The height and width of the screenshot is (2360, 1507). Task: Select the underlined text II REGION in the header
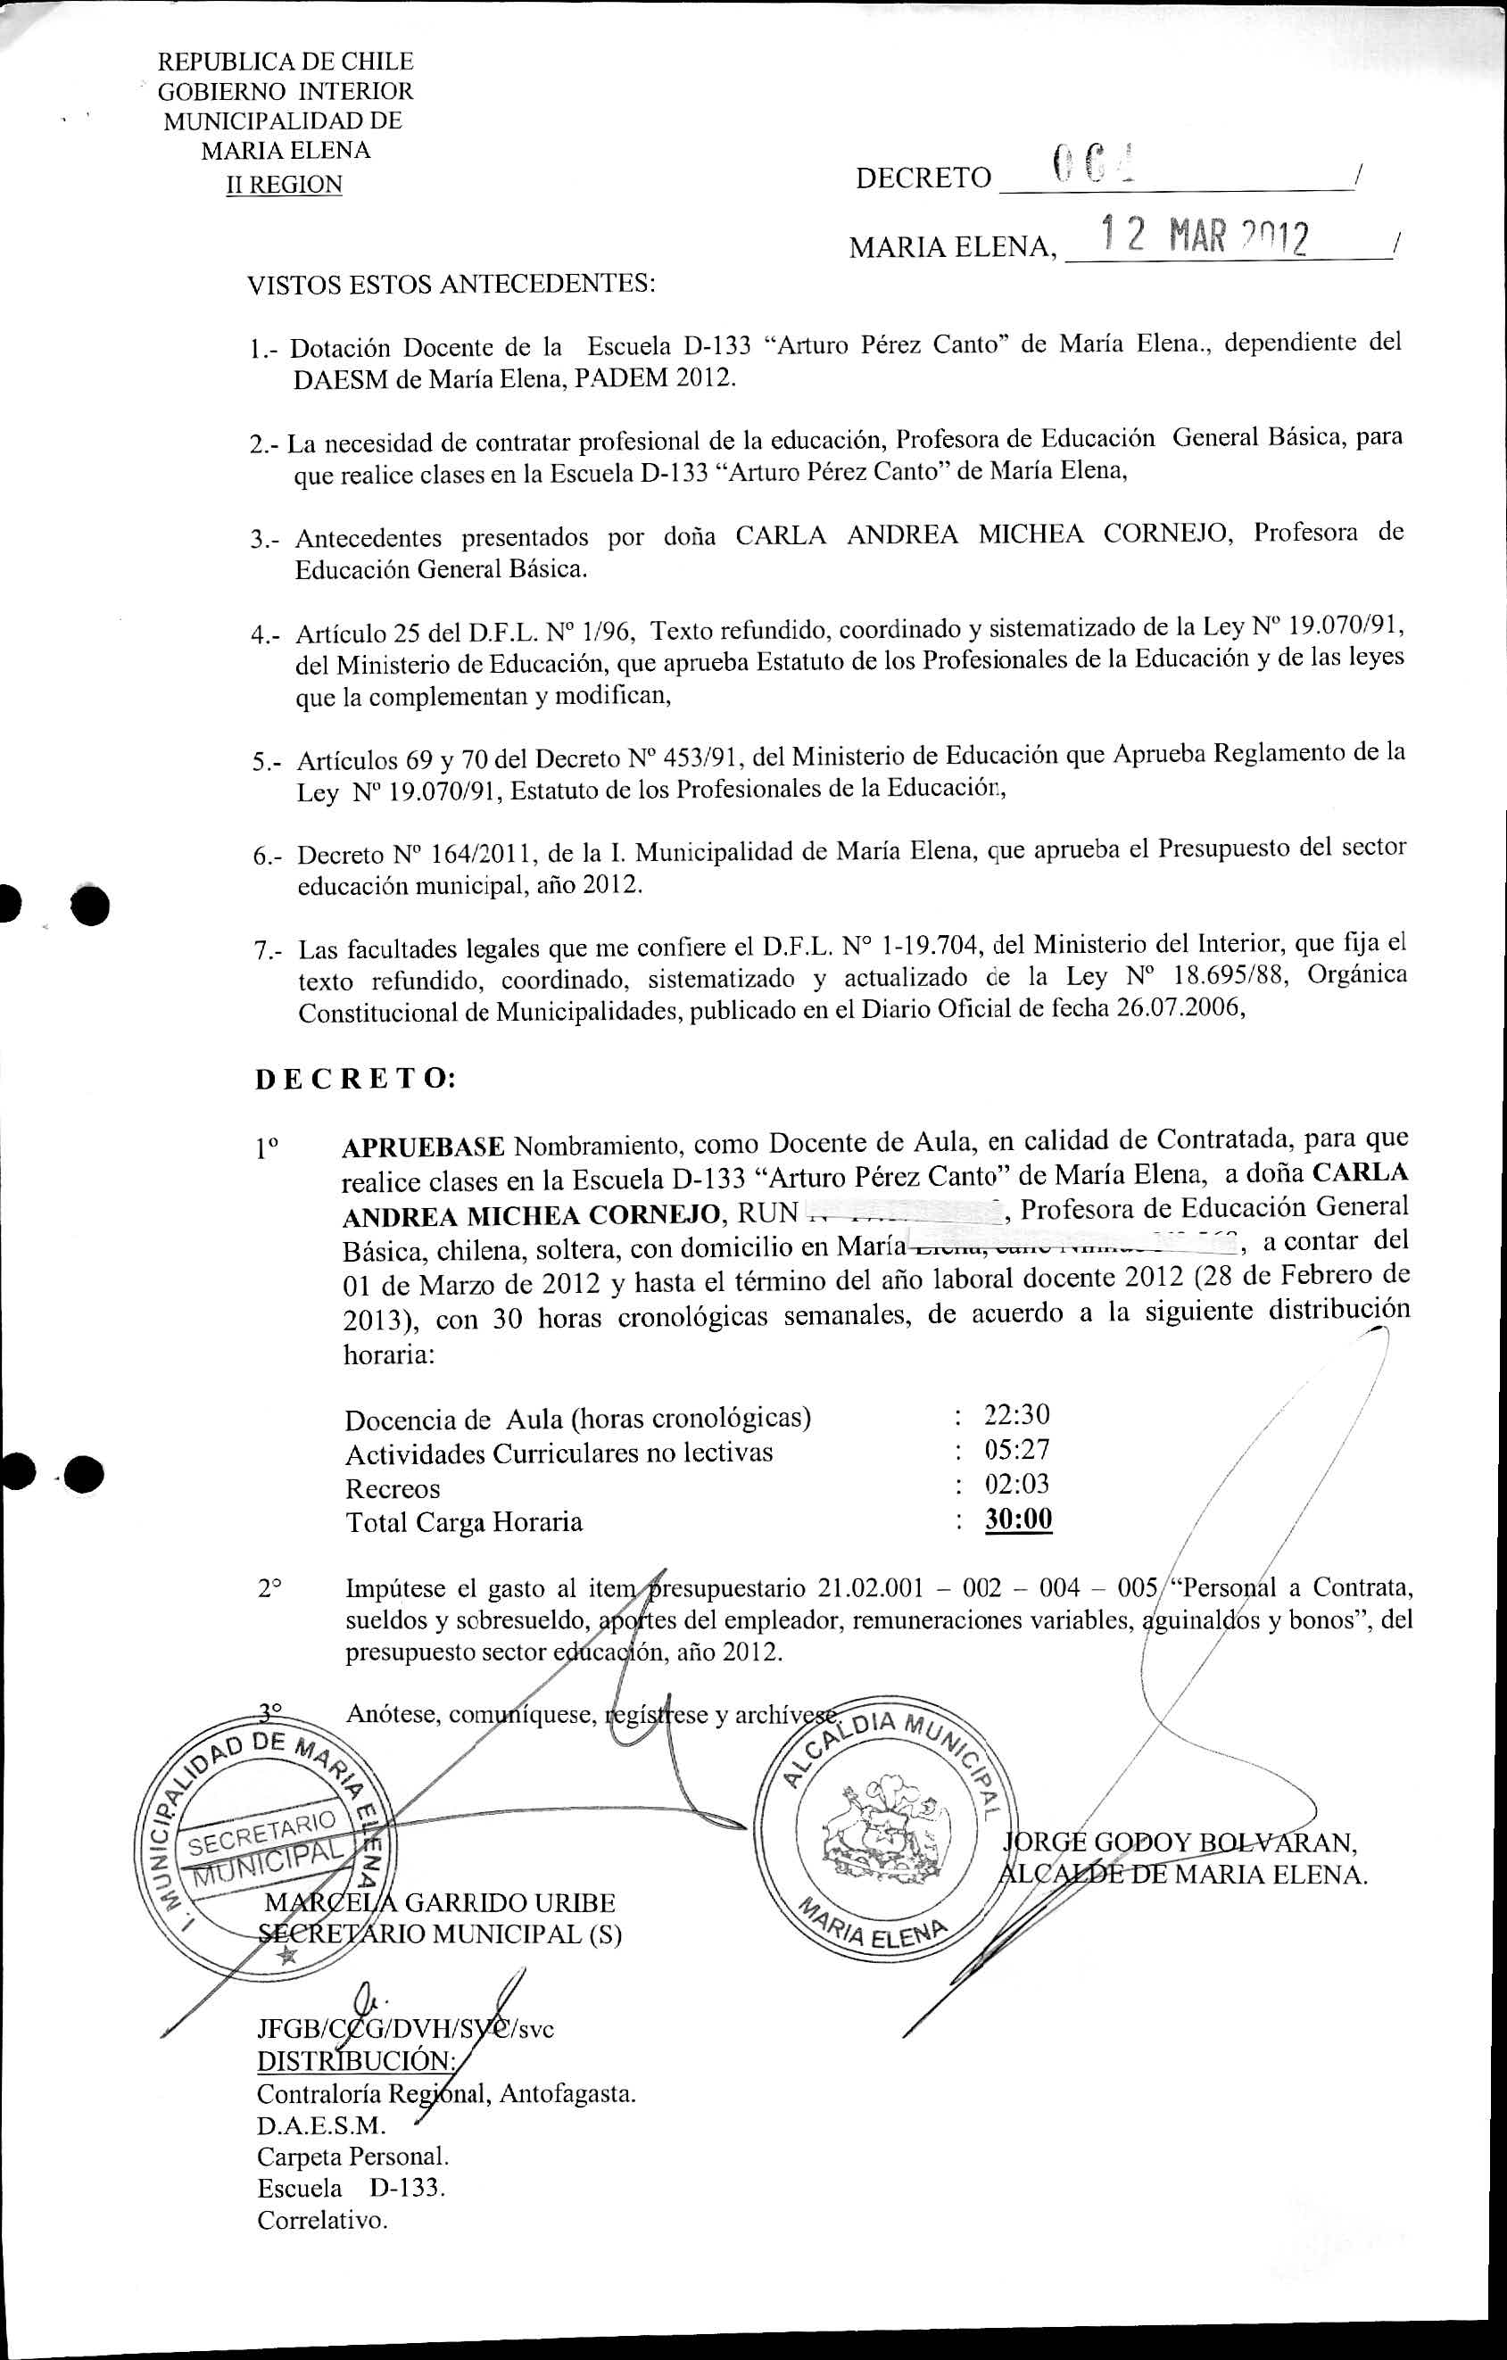(x=284, y=185)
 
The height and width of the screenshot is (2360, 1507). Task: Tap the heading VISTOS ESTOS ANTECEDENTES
(x=451, y=285)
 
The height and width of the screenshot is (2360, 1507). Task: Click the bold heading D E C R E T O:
(x=355, y=1079)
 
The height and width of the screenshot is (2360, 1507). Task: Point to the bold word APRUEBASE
(x=423, y=1147)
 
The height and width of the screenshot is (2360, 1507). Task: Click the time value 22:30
(x=1016, y=1414)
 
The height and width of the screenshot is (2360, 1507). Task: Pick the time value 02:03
(x=1016, y=1484)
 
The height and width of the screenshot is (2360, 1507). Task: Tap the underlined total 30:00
(x=1018, y=1520)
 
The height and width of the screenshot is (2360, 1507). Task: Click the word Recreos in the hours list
(x=392, y=1489)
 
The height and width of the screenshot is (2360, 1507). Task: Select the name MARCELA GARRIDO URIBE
(x=440, y=1903)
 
